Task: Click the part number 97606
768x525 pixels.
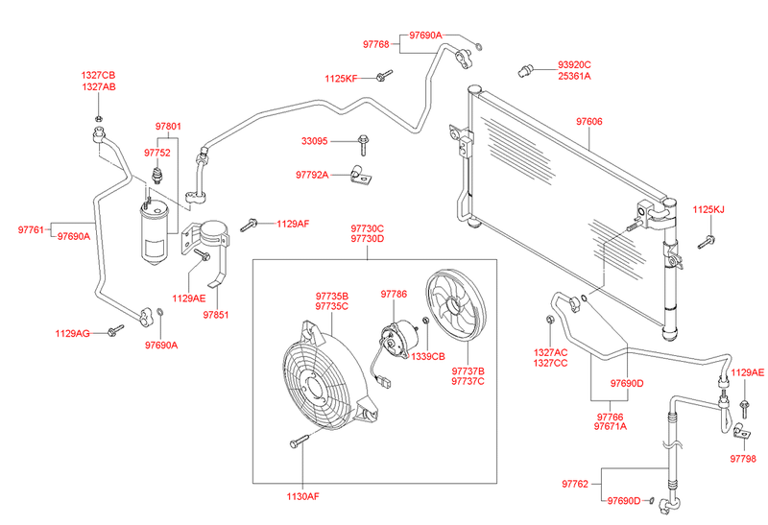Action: [589, 122]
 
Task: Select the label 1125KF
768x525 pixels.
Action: [341, 78]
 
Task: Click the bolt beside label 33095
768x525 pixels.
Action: [364, 144]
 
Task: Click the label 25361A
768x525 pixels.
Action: [575, 76]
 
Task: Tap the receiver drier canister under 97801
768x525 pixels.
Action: [153, 235]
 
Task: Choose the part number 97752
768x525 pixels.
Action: [157, 153]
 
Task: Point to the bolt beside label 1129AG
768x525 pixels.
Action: [115, 331]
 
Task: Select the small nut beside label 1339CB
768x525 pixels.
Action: [425, 345]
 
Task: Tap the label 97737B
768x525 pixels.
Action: [468, 370]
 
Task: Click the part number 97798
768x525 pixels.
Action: [742, 460]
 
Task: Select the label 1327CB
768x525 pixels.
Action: [98, 74]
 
